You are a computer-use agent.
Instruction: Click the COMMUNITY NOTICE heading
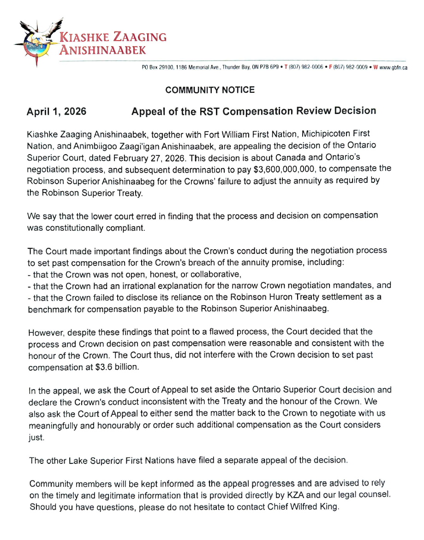210,90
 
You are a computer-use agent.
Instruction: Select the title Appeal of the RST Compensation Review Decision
253,111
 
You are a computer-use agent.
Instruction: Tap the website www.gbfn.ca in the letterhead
393,67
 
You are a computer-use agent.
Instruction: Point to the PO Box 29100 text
158,67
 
